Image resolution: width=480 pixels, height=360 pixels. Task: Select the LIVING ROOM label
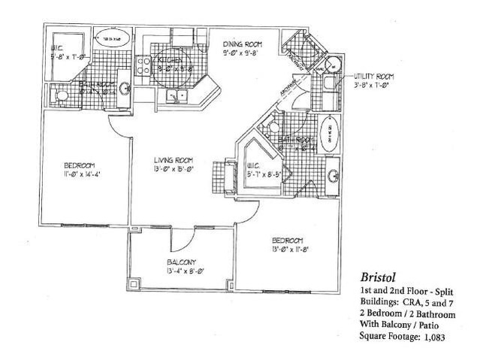click(x=174, y=159)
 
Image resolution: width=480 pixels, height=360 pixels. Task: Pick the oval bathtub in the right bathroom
click(x=331, y=136)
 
